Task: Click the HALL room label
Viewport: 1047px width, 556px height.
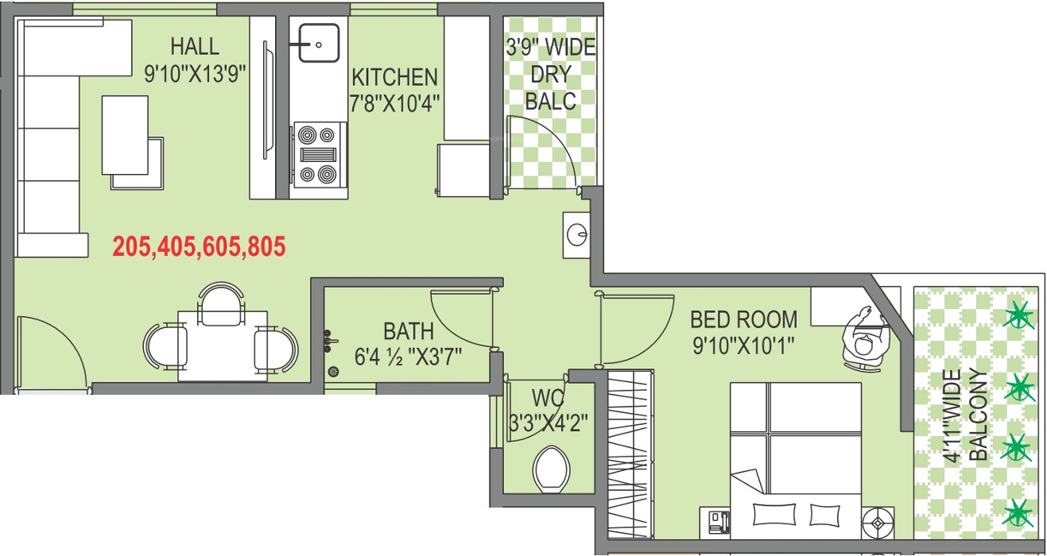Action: pyautogui.click(x=195, y=46)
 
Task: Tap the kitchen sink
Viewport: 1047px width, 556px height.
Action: pyautogui.click(x=319, y=43)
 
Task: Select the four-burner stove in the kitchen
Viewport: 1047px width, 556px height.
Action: pyautogui.click(x=320, y=154)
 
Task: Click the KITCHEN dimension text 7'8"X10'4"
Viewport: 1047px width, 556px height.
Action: pyautogui.click(x=395, y=103)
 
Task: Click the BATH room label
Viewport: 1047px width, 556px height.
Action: pyautogui.click(x=409, y=330)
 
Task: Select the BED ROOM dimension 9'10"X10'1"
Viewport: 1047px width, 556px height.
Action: pyautogui.click(x=743, y=346)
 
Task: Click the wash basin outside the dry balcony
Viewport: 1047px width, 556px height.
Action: pyautogui.click(x=577, y=234)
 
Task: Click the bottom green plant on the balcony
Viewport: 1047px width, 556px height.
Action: pyautogui.click(x=1018, y=512)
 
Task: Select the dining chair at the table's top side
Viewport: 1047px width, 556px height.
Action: pyautogui.click(x=220, y=303)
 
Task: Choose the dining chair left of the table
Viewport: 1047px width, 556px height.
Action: pyautogui.click(x=165, y=347)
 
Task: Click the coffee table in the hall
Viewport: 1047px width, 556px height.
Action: pyautogui.click(x=126, y=135)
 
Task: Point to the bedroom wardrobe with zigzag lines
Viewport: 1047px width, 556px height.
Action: pyautogui.click(x=630, y=453)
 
